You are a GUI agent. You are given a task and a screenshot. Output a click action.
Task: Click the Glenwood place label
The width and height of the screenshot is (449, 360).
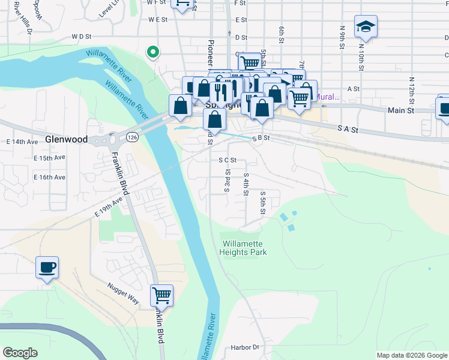[66, 139]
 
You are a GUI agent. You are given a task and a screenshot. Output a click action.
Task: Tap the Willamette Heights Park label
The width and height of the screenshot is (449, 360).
[244, 248]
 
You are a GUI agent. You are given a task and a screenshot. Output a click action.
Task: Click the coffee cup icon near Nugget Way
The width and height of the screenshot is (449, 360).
[47, 268]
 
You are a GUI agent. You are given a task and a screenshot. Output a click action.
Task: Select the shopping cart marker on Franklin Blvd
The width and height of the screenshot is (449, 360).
[161, 295]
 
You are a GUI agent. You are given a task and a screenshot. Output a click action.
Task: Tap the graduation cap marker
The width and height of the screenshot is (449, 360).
[365, 26]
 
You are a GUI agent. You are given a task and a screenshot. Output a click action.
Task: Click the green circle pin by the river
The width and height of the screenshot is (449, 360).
[153, 52]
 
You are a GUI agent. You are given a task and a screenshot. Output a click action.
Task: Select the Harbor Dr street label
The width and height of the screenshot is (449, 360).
[244, 347]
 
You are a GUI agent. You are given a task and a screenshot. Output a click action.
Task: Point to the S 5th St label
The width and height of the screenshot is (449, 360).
[263, 203]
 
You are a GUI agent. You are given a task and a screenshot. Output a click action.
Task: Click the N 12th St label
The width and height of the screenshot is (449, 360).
[412, 89]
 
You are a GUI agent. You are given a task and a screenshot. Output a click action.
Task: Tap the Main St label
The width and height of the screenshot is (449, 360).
[401, 110]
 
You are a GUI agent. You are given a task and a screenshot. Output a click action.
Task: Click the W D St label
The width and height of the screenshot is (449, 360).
[81, 37]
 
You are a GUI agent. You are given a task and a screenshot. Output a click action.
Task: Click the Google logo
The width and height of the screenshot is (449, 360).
[20, 353]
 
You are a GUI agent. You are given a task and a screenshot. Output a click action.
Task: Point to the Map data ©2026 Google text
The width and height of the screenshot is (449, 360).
[411, 355]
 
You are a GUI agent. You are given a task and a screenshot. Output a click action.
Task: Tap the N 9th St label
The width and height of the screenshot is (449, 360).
[342, 37]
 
